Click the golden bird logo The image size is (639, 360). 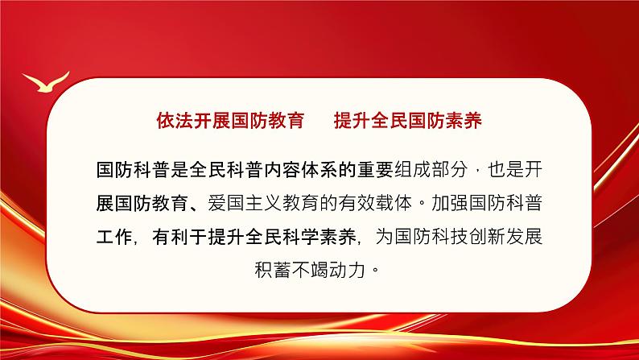click(45, 82)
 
